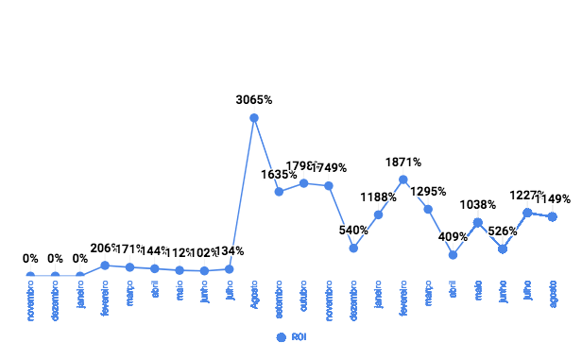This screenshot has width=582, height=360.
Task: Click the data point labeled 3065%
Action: pyautogui.click(x=254, y=118)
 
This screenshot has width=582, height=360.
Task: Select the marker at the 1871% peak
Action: pyautogui.click(x=403, y=180)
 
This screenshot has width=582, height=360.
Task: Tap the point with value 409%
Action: pyautogui.click(x=454, y=255)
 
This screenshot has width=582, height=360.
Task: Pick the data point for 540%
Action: pyautogui.click(x=353, y=248)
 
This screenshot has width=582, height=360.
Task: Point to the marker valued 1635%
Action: pyautogui.click(x=279, y=192)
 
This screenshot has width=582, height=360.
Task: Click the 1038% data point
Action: pyautogui.click(x=478, y=223)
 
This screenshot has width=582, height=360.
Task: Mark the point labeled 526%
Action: pyautogui.click(x=503, y=249)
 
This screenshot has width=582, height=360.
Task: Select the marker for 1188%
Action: pyautogui.click(x=379, y=214)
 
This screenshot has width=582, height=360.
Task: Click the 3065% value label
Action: pyautogui.click(x=254, y=99)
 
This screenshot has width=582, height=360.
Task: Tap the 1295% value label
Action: pyautogui.click(x=428, y=191)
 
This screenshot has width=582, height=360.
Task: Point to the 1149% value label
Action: pyautogui.click(x=553, y=198)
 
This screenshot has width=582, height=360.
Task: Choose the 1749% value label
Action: pyautogui.click(x=330, y=168)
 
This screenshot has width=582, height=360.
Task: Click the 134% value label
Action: pyautogui.click(x=231, y=250)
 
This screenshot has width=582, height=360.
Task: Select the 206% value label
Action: pyautogui.click(x=103, y=248)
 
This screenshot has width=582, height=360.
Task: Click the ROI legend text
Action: pyautogui.click(x=299, y=336)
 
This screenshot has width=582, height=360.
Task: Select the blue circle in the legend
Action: pyautogui.click(x=281, y=336)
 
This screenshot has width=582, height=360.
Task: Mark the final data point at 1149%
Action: pyautogui.click(x=553, y=217)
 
